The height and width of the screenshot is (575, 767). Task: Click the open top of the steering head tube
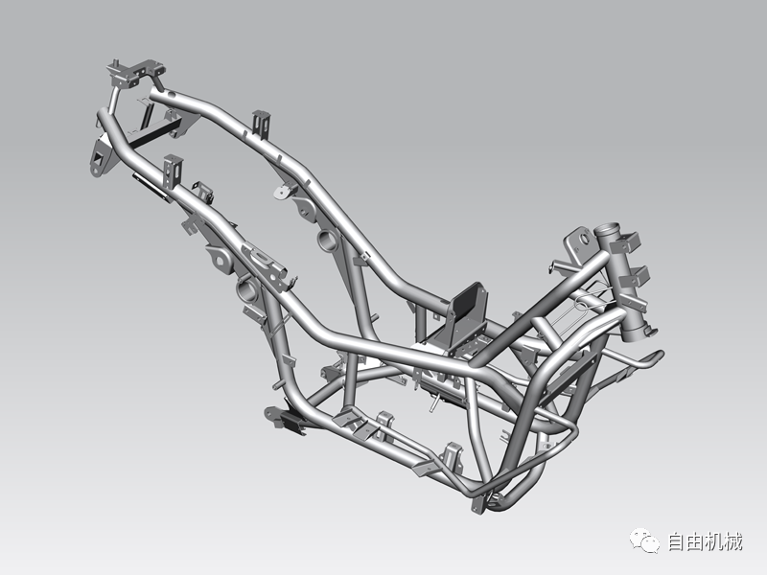click(x=607, y=229)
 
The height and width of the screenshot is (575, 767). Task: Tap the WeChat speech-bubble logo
click(x=644, y=540)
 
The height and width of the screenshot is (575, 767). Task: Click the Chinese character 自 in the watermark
click(x=677, y=542)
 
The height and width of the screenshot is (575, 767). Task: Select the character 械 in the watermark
click(x=732, y=542)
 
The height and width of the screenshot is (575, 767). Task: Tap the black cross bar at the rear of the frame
click(x=152, y=135)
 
